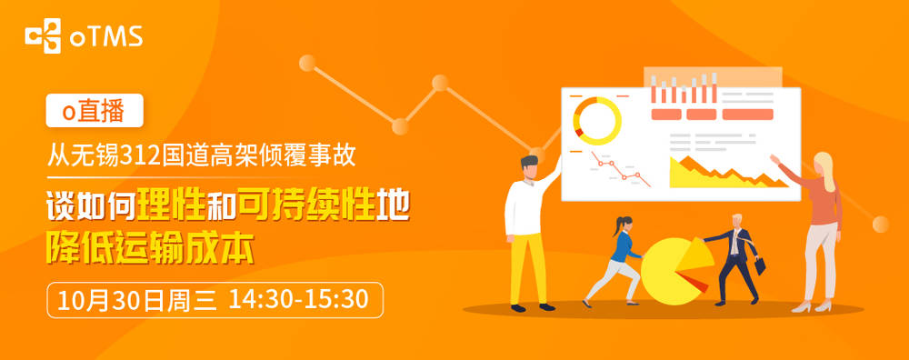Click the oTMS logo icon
(43, 36)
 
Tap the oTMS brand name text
(106, 37)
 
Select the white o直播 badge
(95, 110)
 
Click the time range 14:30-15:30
(298, 300)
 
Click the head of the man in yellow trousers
(530, 167)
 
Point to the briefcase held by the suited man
(759, 265)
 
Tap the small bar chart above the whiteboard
(684, 89)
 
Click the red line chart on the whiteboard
(620, 169)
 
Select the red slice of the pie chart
(697, 284)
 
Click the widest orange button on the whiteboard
(747, 115)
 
